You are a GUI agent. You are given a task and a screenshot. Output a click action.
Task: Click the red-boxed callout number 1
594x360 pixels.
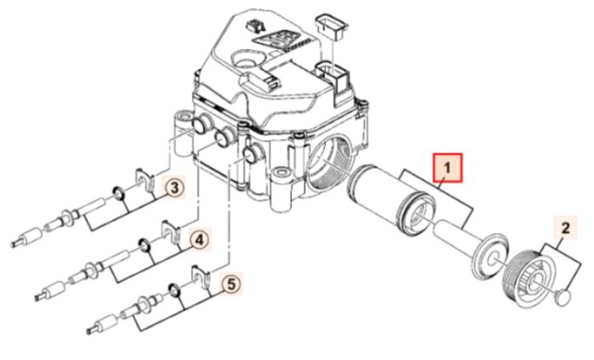[x=448, y=167]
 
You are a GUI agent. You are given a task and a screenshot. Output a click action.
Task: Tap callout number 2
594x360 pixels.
[x=566, y=228]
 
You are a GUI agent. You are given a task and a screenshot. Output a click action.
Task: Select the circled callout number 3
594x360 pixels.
[x=175, y=188]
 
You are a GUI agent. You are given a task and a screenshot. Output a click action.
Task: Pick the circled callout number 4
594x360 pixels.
[x=199, y=239]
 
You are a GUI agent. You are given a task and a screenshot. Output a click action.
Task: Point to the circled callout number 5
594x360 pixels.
[x=232, y=284]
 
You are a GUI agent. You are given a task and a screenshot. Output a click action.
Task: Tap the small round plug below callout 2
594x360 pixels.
[x=563, y=296]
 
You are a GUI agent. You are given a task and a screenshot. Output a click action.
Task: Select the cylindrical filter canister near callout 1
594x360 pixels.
[x=390, y=198]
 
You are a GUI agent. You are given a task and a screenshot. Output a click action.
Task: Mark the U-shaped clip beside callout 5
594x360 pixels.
[x=201, y=277]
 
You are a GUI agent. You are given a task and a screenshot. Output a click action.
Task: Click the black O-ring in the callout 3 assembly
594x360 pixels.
[x=117, y=194]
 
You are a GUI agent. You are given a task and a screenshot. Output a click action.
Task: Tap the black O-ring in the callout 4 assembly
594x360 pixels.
[x=145, y=245]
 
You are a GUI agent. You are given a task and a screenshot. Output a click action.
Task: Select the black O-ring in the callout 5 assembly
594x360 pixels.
[x=174, y=290]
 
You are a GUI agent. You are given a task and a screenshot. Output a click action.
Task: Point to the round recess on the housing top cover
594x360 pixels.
[x=246, y=59]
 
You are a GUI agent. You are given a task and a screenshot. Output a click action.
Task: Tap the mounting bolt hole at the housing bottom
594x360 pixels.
[x=281, y=173]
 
